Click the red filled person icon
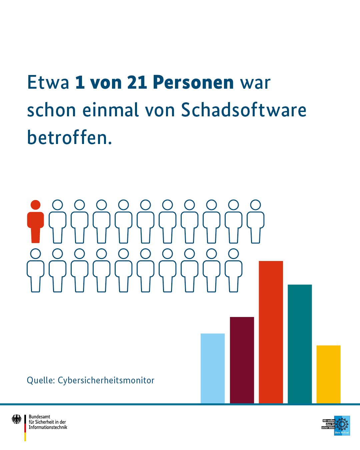(x=35, y=225)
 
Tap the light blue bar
(x=213, y=368)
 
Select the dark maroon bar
(x=242, y=360)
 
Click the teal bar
(x=300, y=343)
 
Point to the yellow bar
(x=328, y=374)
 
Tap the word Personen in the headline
(x=193, y=82)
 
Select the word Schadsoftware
(x=243, y=110)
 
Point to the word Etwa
(x=48, y=82)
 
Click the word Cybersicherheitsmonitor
(x=106, y=380)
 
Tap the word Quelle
(x=40, y=380)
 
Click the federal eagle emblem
(x=16, y=419)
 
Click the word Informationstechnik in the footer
(x=48, y=427)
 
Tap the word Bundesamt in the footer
(x=39, y=417)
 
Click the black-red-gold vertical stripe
(x=25, y=428)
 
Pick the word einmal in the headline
(x=110, y=110)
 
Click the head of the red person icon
(x=35, y=205)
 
